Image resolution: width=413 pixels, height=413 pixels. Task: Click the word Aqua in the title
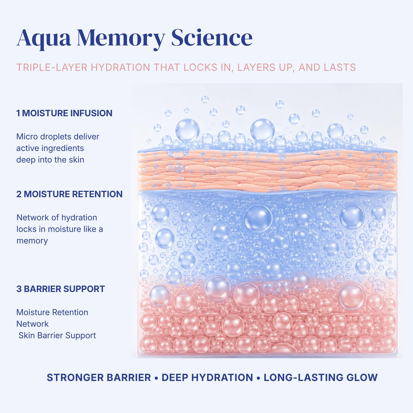[44, 39]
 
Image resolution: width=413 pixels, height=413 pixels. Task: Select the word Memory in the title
[121, 39]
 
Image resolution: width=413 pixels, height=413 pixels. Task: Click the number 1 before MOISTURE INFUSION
[18, 113]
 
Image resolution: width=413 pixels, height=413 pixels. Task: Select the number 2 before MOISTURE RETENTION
[19, 194]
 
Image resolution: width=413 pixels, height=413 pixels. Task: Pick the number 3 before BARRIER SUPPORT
[19, 289]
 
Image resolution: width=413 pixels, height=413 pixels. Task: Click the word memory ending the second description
[32, 241]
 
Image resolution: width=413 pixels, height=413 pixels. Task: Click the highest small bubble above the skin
[205, 99]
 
